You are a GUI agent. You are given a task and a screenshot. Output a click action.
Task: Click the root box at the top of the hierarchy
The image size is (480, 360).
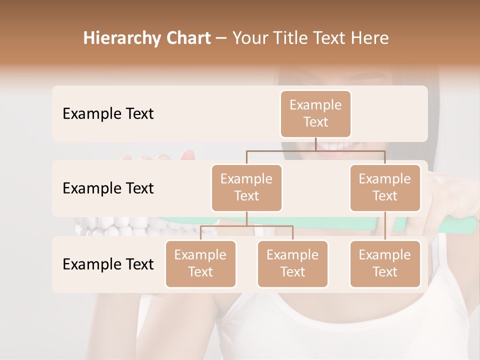click(315, 113)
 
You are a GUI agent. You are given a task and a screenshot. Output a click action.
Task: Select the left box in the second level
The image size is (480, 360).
click(246, 187)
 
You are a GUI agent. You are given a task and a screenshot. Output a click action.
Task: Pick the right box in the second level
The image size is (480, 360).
click(384, 187)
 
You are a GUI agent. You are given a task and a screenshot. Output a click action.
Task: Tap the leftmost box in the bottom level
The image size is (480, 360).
click(200, 263)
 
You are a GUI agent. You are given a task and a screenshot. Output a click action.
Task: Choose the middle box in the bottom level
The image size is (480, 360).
click(292, 263)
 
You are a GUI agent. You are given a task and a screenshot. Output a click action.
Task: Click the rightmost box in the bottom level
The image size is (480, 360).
click(384, 263)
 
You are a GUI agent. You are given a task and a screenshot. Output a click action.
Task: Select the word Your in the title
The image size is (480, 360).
click(250, 38)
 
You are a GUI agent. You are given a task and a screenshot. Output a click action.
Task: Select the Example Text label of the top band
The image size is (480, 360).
click(108, 114)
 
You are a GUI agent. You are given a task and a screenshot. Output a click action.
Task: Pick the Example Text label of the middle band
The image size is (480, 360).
click(108, 188)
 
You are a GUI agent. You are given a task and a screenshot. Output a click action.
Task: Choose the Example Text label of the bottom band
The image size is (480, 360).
click(108, 264)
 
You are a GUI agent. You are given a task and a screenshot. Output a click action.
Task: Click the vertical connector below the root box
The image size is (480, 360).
click(315, 144)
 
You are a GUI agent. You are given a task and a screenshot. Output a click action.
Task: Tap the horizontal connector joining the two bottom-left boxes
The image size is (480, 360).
click(246, 226)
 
